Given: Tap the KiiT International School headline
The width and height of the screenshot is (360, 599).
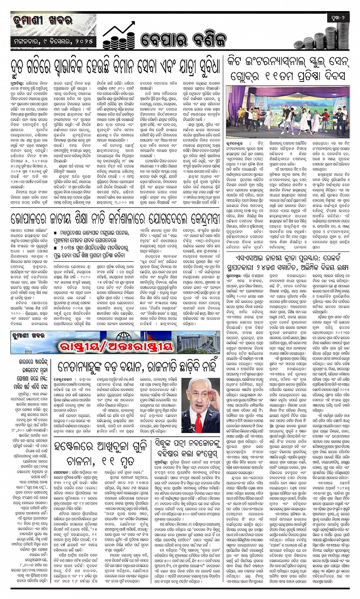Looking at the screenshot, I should click(287, 69).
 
